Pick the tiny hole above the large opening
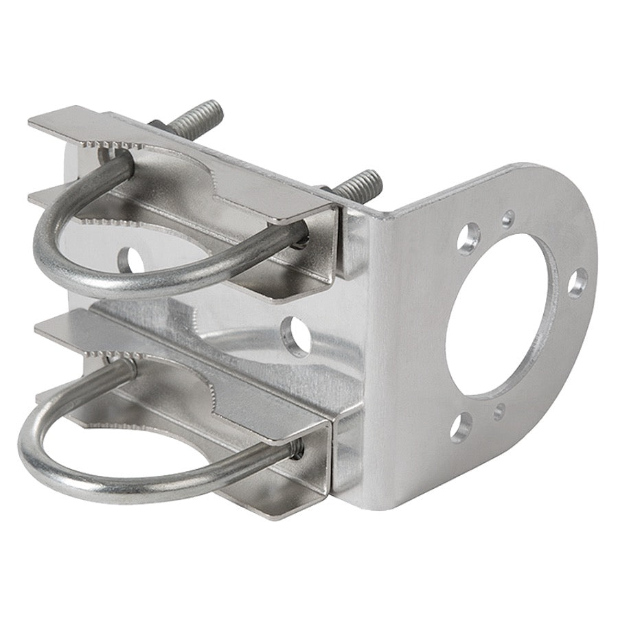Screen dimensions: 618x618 coord(507,219)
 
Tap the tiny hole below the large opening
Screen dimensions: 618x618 coord(499,411)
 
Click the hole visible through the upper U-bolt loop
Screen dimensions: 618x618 coord(133,260)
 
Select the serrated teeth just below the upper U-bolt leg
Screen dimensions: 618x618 coord(103,221)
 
